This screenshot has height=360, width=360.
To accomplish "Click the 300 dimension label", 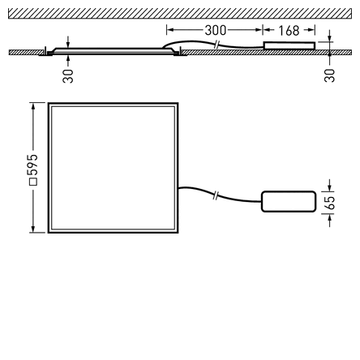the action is pos(215,30).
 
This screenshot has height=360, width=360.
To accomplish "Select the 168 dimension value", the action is pos(289,31).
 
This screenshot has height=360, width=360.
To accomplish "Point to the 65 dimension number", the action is pos(331,203).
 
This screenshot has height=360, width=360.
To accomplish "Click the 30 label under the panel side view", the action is pos(68,76).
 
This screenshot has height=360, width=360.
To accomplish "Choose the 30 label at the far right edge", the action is pos(329,75).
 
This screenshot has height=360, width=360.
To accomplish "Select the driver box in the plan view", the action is pos(289,202).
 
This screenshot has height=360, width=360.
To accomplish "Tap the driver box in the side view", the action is pos(289,45).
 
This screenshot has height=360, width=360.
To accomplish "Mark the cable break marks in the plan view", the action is pos(216,195).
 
